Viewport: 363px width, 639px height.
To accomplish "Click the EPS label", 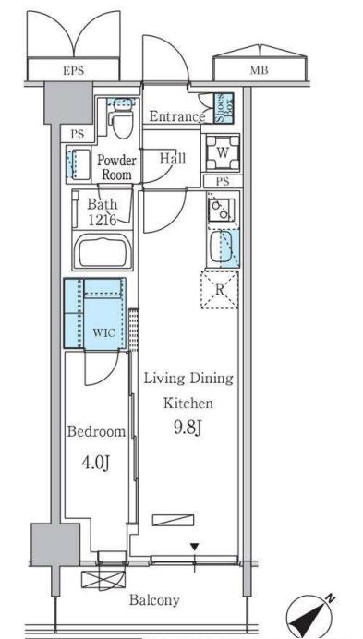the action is pos(73,71).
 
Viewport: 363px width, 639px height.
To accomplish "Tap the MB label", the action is pos(259,70).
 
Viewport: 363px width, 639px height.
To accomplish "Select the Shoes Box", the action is pos(224,108).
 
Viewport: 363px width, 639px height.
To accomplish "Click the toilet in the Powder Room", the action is pos(122,120).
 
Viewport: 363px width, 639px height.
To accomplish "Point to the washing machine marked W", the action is pos(223,152).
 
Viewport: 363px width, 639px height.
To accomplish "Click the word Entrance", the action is pos(177,116).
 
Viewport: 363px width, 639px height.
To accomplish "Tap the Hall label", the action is pos(173,158).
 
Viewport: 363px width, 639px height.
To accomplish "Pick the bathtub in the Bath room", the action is pos(103,251).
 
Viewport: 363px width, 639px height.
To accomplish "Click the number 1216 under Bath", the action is pos(103,221).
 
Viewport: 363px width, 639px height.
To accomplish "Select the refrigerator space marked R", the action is pos(220,290).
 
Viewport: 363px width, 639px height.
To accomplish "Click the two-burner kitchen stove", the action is pos(221,210).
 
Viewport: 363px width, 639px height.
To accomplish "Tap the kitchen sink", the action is pos(221,247).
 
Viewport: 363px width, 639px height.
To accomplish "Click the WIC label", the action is pos(103,332).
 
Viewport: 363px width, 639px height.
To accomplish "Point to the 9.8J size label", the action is pos(188,428).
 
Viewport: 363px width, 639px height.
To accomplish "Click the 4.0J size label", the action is pos(96,463).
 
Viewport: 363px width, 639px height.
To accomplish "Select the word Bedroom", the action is pos(96,431).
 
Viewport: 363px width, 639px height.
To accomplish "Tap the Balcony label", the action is pos(154,600).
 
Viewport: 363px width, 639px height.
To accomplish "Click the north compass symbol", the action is pos(309,615).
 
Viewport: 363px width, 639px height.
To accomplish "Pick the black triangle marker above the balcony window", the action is pos(195,547).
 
